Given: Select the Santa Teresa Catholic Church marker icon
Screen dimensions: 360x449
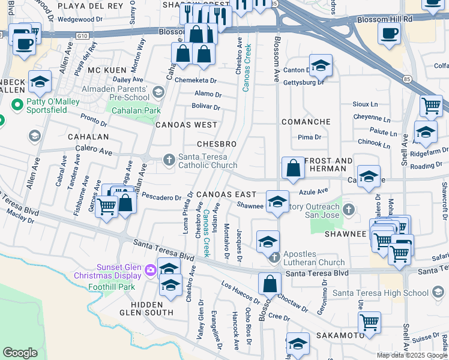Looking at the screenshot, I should click(170, 159).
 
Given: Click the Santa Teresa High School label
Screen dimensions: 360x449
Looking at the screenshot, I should click(382, 293).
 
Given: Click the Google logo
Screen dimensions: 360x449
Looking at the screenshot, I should click(20, 353).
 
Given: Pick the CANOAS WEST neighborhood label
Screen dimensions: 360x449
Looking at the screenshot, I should click(186, 125).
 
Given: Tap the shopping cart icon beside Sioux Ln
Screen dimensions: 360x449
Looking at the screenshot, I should click(431, 106).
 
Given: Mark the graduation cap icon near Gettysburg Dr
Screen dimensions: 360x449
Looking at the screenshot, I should click(321, 65).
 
